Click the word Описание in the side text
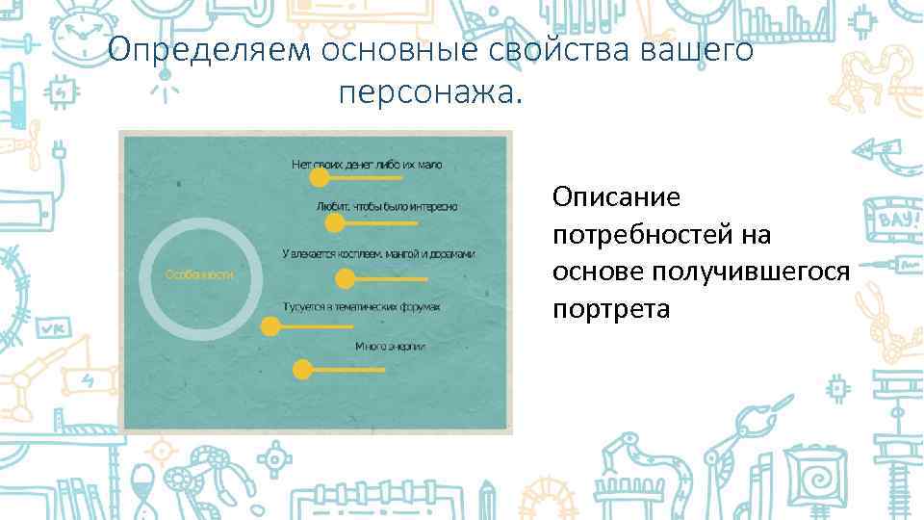pyautogui.click(x=616, y=197)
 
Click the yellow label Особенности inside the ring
pyautogui.click(x=200, y=274)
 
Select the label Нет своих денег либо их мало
pyautogui.click(x=367, y=165)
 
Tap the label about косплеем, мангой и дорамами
pyautogui.click(x=379, y=254)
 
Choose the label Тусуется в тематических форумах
pyautogui.click(x=362, y=307)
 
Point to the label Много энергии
pyautogui.click(x=390, y=346)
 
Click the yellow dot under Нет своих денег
pyautogui.click(x=319, y=178)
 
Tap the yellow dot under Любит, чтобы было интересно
pyautogui.click(x=335, y=223)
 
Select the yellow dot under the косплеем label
pyautogui.click(x=345, y=279)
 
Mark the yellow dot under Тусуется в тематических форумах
pyautogui.click(x=270, y=326)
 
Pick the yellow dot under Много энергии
pyautogui.click(x=302, y=369)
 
